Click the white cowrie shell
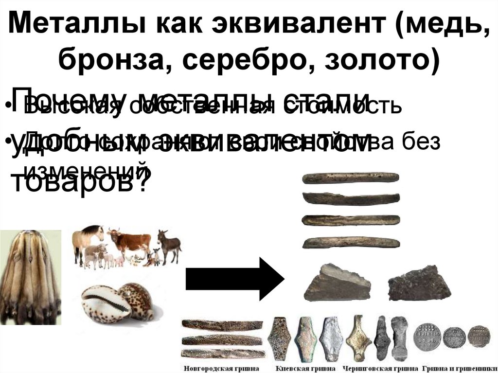(x=105, y=304)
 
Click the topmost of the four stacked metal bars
(x=351, y=178)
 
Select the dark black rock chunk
(x=419, y=283)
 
